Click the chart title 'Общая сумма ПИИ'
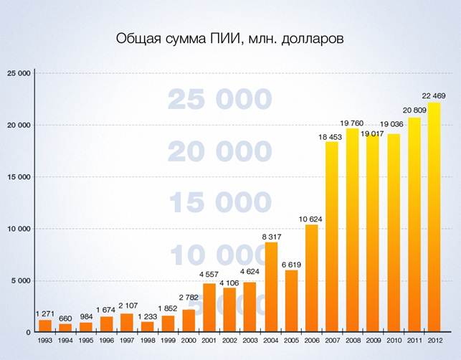(230, 38)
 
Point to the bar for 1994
(65, 328)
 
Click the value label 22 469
(434, 95)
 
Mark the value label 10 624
(311, 218)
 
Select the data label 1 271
(45, 313)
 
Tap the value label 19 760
(353, 122)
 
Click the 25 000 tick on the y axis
(19, 73)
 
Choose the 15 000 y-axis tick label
(19, 177)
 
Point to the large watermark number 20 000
(219, 152)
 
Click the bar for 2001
(209, 308)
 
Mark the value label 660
(65, 318)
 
